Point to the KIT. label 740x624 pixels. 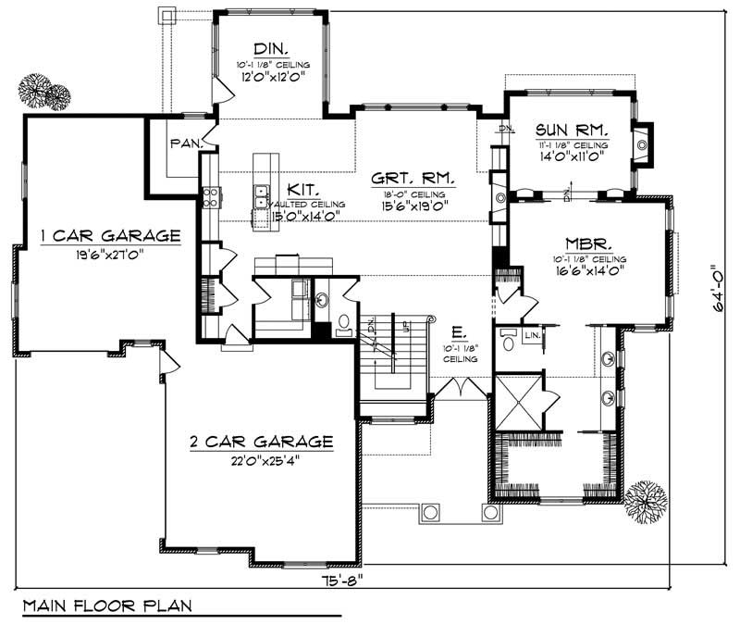(302, 187)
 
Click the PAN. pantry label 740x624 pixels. (183, 144)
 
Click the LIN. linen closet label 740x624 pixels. (532, 334)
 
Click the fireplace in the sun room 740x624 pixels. (642, 144)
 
